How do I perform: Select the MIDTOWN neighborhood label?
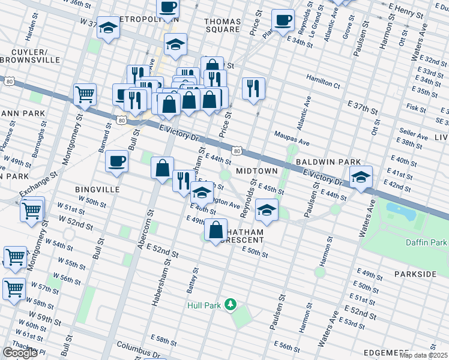click(256, 171)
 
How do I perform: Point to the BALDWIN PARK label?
click(327, 162)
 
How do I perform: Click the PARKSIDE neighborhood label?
click(415, 274)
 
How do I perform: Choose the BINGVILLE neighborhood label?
click(98, 189)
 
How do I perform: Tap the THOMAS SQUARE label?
click(223, 25)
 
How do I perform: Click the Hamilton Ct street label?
click(323, 79)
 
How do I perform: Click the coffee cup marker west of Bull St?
click(116, 161)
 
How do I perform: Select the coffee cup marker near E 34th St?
click(283, 20)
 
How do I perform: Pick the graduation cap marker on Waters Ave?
click(361, 177)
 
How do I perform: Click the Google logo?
click(20, 352)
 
